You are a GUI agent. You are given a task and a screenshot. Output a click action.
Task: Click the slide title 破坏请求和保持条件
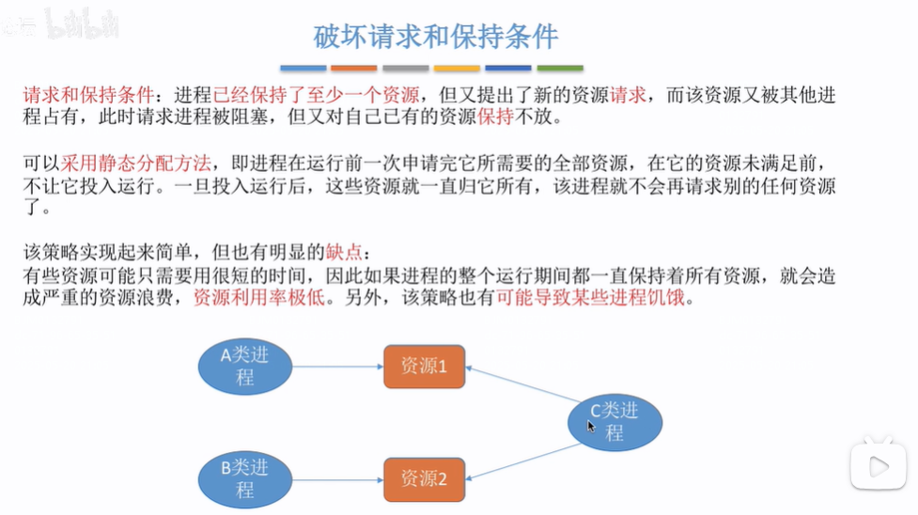(435, 37)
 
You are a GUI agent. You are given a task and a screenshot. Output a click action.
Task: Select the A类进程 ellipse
(245, 367)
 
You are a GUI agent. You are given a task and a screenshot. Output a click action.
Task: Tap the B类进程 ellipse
(245, 478)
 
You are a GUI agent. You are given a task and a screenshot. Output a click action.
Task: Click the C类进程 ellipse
(615, 422)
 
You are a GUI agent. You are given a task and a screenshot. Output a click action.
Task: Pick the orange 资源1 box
(424, 367)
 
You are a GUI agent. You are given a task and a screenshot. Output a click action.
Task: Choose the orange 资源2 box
(424, 478)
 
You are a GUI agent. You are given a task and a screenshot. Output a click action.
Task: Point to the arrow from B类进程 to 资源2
(338, 478)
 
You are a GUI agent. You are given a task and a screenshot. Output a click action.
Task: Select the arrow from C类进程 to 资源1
(522, 385)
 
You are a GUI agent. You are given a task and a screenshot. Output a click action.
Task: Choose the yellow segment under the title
(457, 69)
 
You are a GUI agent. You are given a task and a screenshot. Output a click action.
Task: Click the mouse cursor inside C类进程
(591, 427)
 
